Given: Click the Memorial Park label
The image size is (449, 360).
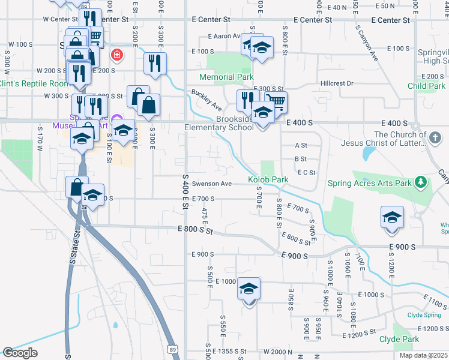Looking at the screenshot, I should click(x=226, y=77).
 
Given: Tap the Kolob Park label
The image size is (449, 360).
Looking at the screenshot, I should click(x=268, y=179).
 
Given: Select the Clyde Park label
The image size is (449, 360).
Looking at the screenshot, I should click(x=399, y=339).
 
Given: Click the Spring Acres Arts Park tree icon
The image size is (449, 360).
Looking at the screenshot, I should click(x=421, y=182).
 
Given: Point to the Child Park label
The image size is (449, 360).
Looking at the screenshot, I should click(x=426, y=86).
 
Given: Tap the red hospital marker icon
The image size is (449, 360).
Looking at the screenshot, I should click(x=116, y=56).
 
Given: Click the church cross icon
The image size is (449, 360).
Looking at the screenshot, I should click(x=435, y=139).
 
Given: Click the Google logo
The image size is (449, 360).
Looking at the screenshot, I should click(x=20, y=353).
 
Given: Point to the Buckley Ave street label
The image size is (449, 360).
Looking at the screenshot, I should click(x=206, y=100).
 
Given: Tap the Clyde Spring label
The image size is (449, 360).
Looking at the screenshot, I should click(x=424, y=314).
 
